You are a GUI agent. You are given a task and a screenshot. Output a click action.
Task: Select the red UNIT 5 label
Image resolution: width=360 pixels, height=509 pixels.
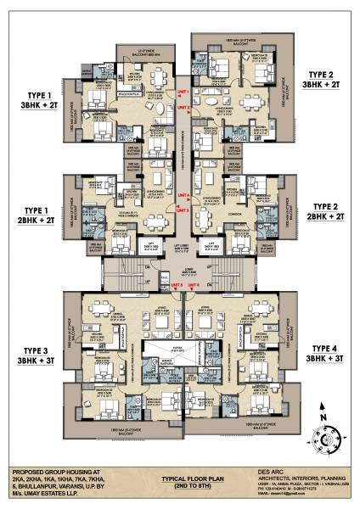[175, 285]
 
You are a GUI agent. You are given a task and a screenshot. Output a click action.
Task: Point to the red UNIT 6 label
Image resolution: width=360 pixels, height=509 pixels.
[193, 285]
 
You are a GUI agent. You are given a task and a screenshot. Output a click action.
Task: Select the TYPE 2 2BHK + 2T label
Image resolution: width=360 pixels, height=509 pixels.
[328, 211]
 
